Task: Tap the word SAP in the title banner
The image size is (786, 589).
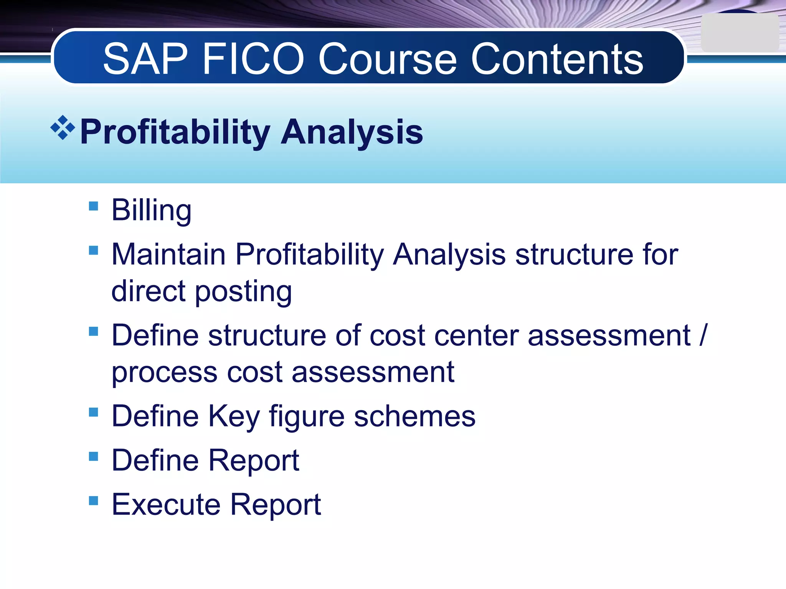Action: pyautogui.click(x=146, y=59)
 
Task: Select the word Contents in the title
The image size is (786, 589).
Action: pyautogui.click(x=557, y=59)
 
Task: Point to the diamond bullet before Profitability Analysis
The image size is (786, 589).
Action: pyautogui.click(x=63, y=127)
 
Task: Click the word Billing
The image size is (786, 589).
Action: pyautogui.click(x=151, y=211)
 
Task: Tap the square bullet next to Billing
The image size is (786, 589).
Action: pyautogui.click(x=93, y=206)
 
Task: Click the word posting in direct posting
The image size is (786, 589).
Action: pyautogui.click(x=244, y=291)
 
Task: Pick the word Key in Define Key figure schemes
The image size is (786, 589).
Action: pyautogui.click(x=234, y=416)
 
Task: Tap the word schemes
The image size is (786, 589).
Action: pyautogui.click(x=414, y=416)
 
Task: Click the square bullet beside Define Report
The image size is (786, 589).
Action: pyautogui.click(x=93, y=456)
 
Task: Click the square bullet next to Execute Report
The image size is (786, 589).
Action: pyautogui.click(x=93, y=500)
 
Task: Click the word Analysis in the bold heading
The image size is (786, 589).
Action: pyautogui.click(x=352, y=132)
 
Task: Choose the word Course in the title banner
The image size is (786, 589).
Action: pyautogui.click(x=388, y=59)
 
